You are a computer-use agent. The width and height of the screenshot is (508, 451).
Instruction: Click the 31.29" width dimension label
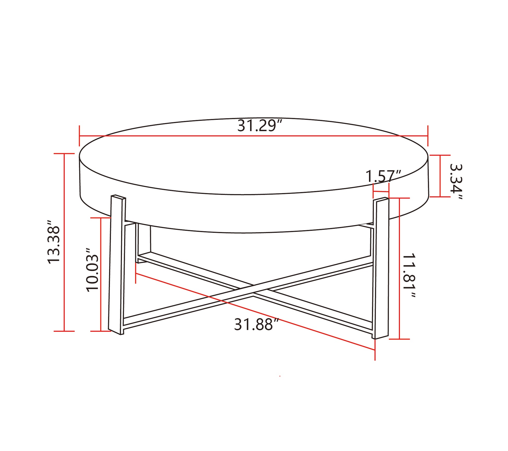pos(260,126)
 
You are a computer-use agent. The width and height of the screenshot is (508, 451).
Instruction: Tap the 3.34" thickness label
pos(456,181)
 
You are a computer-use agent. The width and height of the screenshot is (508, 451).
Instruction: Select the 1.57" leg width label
pos(383,176)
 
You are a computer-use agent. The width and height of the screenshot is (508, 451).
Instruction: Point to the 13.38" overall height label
pos(54,242)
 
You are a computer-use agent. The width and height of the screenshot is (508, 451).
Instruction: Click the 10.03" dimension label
pos(92,270)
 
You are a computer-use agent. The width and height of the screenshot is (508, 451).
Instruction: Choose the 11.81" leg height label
pos(409,275)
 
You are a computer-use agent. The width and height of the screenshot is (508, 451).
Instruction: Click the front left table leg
pos(117,265)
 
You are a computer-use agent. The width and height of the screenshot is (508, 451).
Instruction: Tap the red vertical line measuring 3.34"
pos(440,176)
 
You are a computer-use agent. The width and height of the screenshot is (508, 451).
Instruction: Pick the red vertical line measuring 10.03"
pos(101,274)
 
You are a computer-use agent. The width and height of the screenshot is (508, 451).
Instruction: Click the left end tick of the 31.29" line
pos(79,136)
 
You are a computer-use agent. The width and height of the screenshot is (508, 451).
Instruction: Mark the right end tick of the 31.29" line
pos(428,136)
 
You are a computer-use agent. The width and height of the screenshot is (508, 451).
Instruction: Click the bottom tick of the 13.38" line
pos(64,331)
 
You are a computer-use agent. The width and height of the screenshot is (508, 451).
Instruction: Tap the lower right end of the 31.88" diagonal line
pos(375,350)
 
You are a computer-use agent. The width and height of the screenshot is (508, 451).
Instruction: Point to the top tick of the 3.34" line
pos(440,155)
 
